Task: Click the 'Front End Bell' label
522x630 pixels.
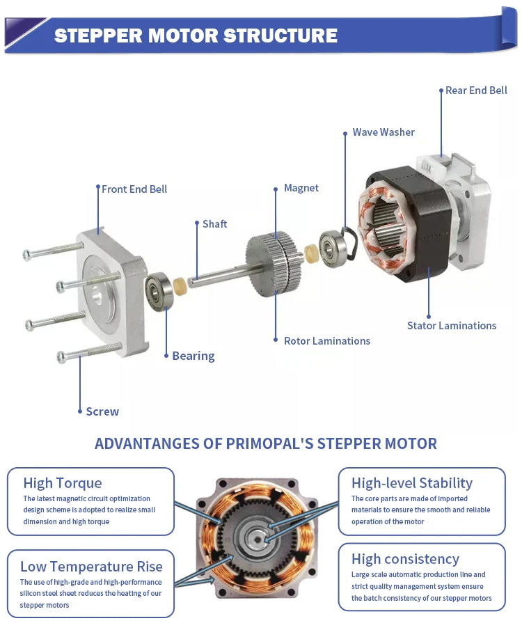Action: click(x=134, y=189)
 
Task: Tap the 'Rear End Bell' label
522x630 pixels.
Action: click(x=476, y=90)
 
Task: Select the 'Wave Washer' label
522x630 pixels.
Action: click(x=383, y=132)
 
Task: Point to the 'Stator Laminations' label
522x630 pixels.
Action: click(x=452, y=326)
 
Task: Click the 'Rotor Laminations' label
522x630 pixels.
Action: click(x=326, y=341)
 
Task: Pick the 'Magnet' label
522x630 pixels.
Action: click(x=301, y=188)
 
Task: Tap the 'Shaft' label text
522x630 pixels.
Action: click(x=214, y=224)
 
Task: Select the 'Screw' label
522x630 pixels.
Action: click(x=102, y=411)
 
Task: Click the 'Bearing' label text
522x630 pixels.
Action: click(x=193, y=356)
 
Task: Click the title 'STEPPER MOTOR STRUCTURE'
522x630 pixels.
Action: click(x=196, y=36)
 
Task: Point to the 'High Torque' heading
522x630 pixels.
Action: click(x=63, y=483)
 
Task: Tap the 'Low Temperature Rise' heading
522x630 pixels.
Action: click(x=91, y=566)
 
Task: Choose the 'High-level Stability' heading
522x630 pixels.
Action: click(x=411, y=483)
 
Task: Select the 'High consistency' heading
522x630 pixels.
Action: click(x=405, y=559)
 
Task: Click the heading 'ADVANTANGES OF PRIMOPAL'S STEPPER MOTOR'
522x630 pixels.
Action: click(x=265, y=443)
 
